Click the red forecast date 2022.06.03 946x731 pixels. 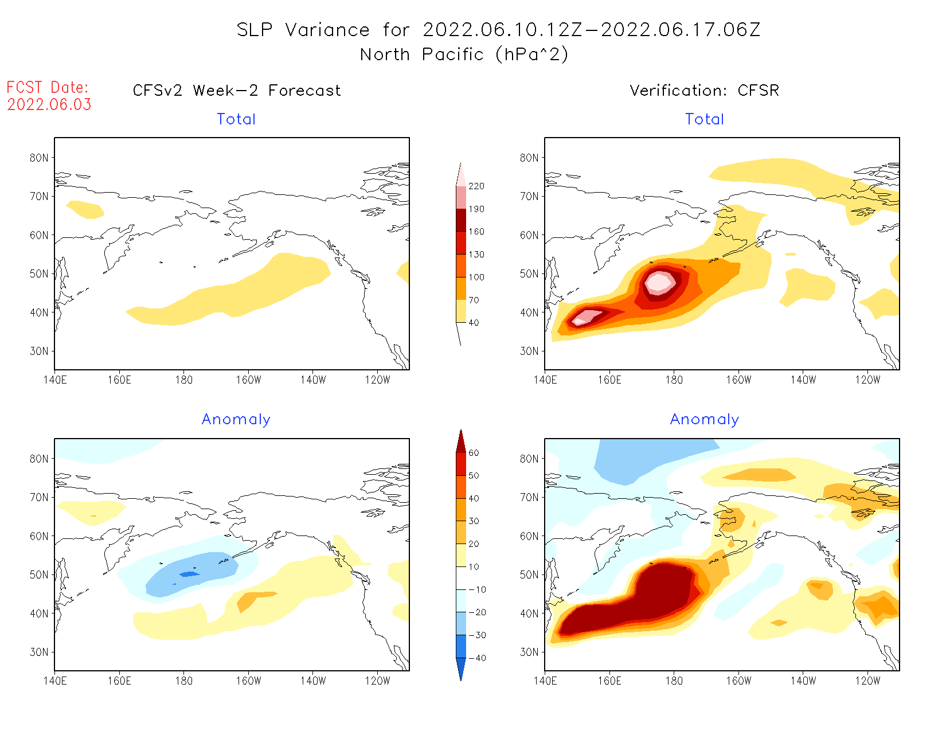click(49, 104)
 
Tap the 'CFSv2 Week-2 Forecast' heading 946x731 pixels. click(237, 91)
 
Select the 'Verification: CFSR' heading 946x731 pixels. click(704, 91)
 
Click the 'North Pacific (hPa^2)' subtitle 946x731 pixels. click(464, 54)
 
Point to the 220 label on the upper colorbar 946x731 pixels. click(476, 186)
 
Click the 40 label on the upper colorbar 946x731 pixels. click(474, 323)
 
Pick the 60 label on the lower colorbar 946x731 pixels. click(474, 453)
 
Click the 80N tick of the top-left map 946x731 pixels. click(39, 158)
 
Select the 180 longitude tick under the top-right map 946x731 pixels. click(674, 380)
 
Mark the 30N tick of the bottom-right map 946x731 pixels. click(529, 652)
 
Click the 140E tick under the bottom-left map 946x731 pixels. click(55, 681)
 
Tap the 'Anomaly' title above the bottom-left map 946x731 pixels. click(236, 419)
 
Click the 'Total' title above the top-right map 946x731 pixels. click(705, 119)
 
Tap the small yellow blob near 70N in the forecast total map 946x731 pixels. click(85, 209)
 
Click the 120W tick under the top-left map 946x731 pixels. click(377, 380)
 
